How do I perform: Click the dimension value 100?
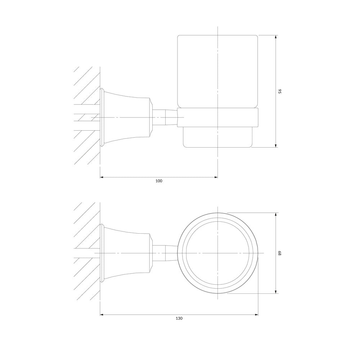[159, 181]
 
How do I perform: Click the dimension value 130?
[179, 318]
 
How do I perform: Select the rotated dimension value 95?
[280, 91]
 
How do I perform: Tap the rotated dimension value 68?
[280, 253]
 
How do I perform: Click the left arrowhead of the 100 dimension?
[102, 177]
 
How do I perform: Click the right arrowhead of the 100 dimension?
[216, 177]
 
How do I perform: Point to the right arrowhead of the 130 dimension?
[256, 315]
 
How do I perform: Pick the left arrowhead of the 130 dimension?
[102, 315]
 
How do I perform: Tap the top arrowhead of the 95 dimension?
[276, 37]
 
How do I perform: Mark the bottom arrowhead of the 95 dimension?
[276, 145]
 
